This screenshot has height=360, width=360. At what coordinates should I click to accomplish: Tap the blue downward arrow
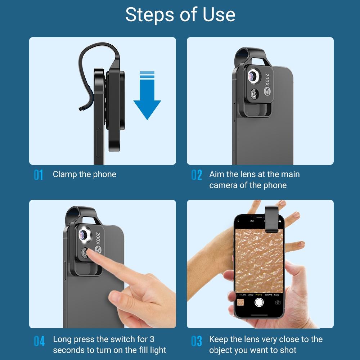pyautogui.click(x=147, y=101)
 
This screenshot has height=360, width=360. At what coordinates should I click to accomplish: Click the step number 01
pyautogui.click(x=38, y=175)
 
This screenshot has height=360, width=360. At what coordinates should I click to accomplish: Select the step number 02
pyautogui.click(x=197, y=175)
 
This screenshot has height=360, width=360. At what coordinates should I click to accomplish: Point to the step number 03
pyautogui.click(x=197, y=341)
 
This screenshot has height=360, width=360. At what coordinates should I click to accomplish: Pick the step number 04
pyautogui.click(x=39, y=341)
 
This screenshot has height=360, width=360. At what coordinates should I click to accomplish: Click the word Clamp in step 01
pyautogui.click(x=65, y=174)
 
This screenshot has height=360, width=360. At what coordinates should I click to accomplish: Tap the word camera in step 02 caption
pyautogui.click(x=224, y=185)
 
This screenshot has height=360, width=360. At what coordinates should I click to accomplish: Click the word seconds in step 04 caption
pyautogui.click(x=69, y=350)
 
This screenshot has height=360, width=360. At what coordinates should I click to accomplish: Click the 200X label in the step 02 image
pyautogui.click(x=267, y=79)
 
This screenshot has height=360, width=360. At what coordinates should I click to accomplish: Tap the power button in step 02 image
pyautogui.click(x=255, y=95)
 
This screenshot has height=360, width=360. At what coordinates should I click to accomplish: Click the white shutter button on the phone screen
pyautogui.click(x=259, y=302)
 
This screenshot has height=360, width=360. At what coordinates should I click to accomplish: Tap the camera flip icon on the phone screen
pyautogui.click(x=278, y=302)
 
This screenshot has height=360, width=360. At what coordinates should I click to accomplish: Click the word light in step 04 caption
pyautogui.click(x=158, y=350)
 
